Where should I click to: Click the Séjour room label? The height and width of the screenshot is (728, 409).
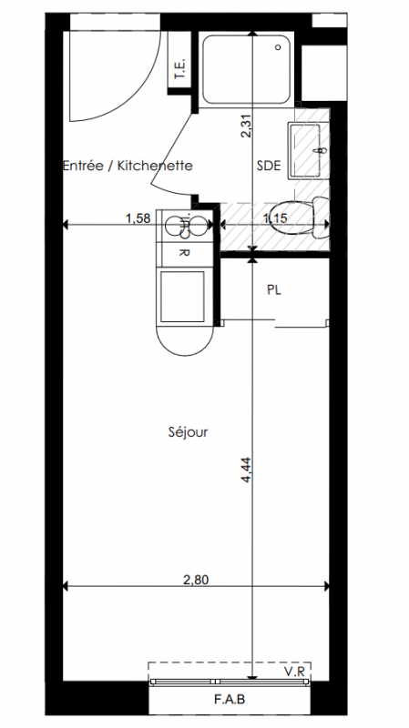pos(188,432)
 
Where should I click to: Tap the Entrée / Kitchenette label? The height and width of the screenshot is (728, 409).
pos(128,166)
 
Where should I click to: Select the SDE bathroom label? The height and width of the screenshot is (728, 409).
pos(269,166)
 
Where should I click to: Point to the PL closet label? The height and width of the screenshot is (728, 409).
pos(274,290)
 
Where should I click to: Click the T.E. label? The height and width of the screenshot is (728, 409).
pos(180,69)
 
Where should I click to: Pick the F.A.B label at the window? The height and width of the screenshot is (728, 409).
pos(230,699)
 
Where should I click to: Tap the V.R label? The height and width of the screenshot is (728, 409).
pos(294,671)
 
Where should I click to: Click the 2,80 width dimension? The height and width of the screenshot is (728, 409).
pos(196,580)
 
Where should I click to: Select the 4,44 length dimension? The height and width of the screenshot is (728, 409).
pos(246,470)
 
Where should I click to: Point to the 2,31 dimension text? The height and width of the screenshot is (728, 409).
pos(246,126)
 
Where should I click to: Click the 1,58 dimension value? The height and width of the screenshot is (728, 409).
pos(138,218)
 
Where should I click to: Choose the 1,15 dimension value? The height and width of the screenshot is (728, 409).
pos(275,218)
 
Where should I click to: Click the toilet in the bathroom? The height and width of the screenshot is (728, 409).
pos(299,217)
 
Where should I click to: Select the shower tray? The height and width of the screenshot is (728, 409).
pos(246,70)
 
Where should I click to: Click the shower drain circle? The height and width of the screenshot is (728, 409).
pos(279,47)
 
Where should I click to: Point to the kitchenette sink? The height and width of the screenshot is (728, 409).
pos(185,226)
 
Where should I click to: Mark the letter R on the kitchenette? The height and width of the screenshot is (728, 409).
pos(184,254)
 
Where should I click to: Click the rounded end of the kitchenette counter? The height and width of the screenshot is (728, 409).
pos(185,341)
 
